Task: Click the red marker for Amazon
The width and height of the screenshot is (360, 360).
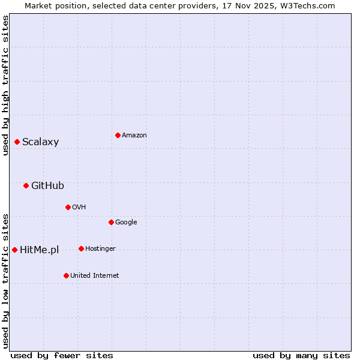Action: click(118, 135)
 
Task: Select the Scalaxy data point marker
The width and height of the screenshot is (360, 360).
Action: click(17, 142)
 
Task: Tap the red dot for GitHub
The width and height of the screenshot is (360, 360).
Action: click(26, 185)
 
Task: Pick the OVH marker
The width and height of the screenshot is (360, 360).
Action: click(68, 207)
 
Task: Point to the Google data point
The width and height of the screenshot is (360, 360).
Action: click(111, 222)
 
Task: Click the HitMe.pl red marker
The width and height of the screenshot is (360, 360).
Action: click(14, 250)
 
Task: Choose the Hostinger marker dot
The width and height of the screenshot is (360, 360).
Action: click(81, 248)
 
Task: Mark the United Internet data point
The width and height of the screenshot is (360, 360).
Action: click(66, 275)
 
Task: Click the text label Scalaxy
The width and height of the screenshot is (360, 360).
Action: click(40, 142)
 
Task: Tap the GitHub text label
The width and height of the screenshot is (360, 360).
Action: click(47, 186)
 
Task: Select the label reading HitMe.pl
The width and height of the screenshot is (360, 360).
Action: click(39, 250)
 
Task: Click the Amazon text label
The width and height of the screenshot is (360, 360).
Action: click(134, 136)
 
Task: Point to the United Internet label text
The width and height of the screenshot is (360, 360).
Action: click(94, 276)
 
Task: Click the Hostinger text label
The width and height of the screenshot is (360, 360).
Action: click(100, 249)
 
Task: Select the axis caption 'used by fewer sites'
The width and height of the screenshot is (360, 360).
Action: click(62, 355)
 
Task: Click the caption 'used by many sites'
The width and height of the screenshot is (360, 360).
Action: click(301, 355)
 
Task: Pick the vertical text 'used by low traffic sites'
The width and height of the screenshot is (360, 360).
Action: click(5, 280)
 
